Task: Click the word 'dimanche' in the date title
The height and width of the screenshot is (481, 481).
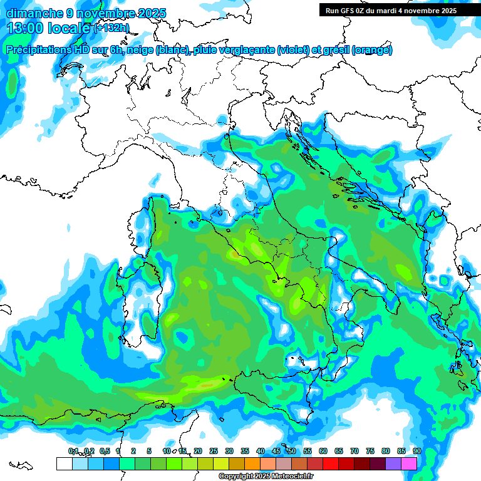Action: pos(32,13)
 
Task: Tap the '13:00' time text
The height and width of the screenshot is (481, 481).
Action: pos(25,28)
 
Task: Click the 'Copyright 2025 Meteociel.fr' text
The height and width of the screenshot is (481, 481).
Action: pos(266,477)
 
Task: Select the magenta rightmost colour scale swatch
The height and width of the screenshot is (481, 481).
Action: pos(409,463)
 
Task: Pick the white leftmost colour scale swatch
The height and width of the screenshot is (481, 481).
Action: pos(64,463)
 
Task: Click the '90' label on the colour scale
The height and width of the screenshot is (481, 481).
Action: pos(416,452)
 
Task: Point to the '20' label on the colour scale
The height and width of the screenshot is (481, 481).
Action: pos(198,452)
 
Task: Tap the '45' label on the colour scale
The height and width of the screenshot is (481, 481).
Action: pos(276,452)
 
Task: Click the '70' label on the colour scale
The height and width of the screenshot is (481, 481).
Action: pos(354,452)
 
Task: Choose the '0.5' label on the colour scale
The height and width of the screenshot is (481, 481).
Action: pos(104,452)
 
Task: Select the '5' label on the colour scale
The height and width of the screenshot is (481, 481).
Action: pos(149,452)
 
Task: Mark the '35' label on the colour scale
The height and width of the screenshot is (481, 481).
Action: pos(245,452)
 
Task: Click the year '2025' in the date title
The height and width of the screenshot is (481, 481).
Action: pos(151,13)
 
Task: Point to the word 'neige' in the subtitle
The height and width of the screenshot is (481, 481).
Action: pos(141,50)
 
